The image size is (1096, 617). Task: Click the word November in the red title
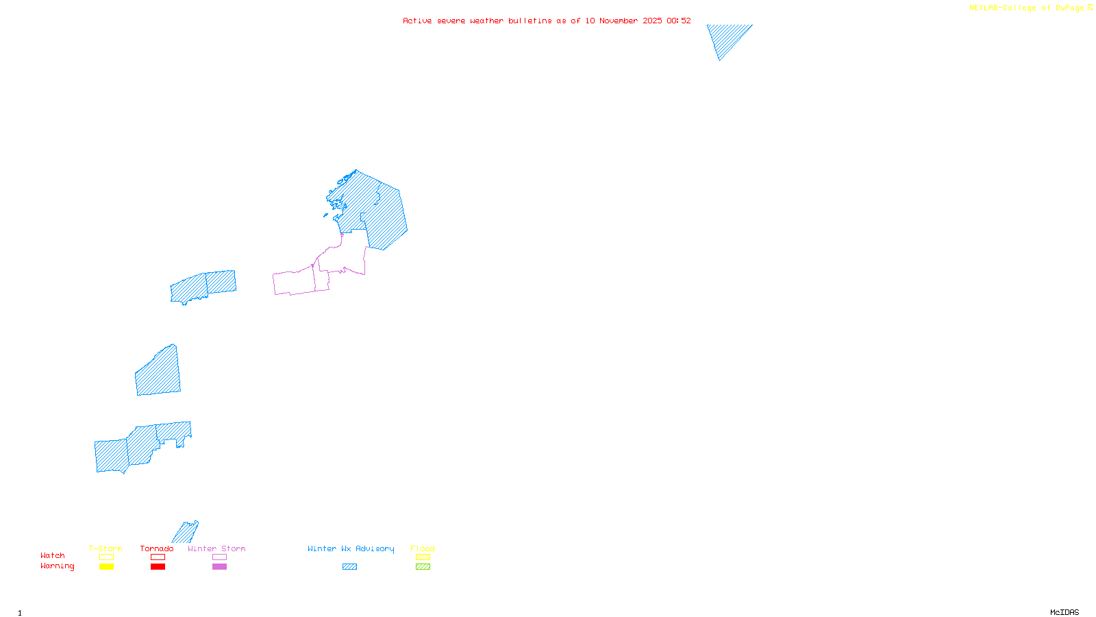coord(619,21)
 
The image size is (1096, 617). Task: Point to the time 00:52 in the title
coord(678,21)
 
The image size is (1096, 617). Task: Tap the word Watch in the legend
coord(53,555)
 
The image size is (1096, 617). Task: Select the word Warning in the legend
coord(57,566)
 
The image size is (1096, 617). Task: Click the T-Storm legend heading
coord(105,548)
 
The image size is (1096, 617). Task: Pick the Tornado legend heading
coord(157,548)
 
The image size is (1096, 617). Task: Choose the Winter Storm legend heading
coord(216,548)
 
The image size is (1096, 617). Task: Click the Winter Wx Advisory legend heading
coord(351,548)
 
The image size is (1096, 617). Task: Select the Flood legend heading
coord(423,548)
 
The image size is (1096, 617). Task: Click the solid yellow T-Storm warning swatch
coord(106,567)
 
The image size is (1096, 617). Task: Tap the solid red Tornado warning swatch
coord(158,567)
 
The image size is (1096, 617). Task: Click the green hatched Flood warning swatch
coord(423,567)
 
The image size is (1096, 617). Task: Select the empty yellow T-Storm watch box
coord(106,557)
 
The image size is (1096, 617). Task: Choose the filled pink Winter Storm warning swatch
coord(219,567)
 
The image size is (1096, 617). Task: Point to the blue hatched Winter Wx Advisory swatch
coord(349,567)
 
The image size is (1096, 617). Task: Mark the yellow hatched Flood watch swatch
coord(423,557)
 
